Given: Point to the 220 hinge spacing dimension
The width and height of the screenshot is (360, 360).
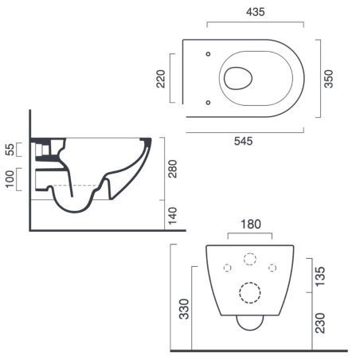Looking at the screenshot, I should pyautogui.click(x=160, y=78).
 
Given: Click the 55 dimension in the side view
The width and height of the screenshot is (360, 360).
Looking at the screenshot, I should pyautogui.click(x=10, y=150).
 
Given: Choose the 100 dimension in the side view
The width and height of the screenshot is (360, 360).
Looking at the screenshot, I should pyautogui.click(x=10, y=179).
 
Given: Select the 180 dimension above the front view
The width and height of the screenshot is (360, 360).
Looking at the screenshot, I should pyautogui.click(x=249, y=224).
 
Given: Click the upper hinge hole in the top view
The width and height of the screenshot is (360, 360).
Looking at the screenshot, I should pyautogui.click(x=207, y=54).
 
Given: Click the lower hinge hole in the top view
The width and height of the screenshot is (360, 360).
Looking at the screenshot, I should pyautogui.click(x=207, y=102).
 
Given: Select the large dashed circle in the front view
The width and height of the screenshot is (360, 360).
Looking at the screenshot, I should pyautogui.click(x=249, y=295).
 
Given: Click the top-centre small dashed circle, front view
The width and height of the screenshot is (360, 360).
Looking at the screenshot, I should pyautogui.click(x=249, y=259).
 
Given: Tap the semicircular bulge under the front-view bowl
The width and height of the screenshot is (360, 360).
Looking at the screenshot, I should pyautogui.click(x=249, y=323).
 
